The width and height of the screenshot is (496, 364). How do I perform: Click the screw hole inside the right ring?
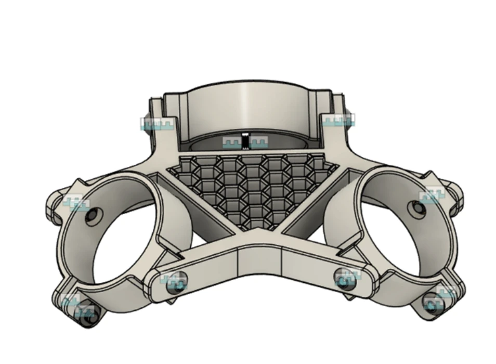pos(417,209)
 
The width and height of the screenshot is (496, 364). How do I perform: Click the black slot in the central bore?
pos(245,141)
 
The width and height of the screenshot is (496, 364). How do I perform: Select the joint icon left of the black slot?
pos(231,141)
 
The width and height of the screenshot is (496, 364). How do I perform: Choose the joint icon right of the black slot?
pos(258,141)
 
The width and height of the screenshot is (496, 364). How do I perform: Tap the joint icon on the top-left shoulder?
pos(157,124)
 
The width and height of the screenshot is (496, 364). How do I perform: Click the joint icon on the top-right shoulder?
pos(339,120)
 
